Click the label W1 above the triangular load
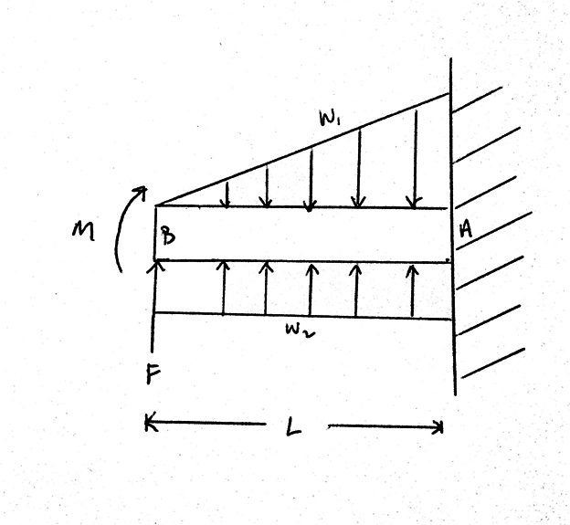click(327, 119)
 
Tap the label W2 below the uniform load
click(298, 331)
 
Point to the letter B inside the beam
click(169, 236)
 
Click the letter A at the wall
click(465, 232)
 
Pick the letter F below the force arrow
click(155, 373)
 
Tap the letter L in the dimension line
click(292, 425)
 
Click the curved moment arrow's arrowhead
click(140, 191)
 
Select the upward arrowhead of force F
click(155, 266)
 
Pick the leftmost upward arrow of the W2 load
click(223, 288)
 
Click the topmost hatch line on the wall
click(477, 100)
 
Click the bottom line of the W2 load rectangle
click(301, 316)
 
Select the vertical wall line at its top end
click(451, 64)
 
